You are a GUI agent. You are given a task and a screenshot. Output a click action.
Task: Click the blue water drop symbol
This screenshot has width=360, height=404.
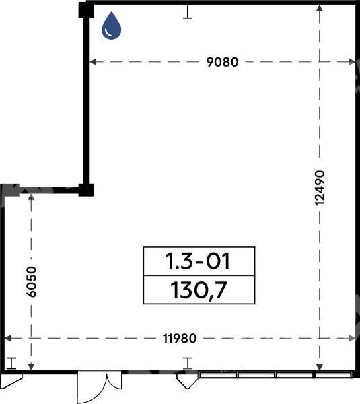point(111,26)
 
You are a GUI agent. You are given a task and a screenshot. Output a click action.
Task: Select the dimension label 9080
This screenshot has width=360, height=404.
point(222,62)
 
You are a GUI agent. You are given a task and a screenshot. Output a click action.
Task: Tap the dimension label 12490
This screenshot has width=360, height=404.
point(320,188)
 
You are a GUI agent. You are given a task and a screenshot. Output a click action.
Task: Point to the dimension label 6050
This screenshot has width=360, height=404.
point(32,281)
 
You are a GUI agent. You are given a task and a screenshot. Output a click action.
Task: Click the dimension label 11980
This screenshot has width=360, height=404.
point(180,338)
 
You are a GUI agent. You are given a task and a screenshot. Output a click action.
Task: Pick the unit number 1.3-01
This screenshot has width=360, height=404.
point(198,261)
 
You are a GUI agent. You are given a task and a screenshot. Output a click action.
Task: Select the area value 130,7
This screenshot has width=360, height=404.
point(199,290)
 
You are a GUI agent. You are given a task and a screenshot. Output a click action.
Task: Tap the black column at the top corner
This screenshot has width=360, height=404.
point(86,10)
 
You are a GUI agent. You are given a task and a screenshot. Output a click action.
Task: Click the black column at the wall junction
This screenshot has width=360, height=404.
point(86,190)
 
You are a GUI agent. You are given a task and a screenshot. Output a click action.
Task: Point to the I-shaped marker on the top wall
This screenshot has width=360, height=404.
point(188,11)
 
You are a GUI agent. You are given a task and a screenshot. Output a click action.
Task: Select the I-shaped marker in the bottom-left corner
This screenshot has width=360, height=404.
point(11,363)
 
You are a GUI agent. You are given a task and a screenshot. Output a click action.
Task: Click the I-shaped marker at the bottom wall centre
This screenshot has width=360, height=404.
point(188,363)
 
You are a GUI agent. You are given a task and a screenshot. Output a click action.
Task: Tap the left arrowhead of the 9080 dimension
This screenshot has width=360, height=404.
point(93,62)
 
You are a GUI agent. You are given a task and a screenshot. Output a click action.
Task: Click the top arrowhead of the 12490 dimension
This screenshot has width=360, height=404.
point(320,8)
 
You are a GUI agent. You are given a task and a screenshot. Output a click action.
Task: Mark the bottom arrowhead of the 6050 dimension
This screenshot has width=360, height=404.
point(31,367)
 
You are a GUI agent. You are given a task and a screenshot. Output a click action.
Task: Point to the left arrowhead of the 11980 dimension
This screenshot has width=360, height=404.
point(8,338)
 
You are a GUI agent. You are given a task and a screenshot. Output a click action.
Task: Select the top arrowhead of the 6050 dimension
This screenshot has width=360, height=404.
point(31,197)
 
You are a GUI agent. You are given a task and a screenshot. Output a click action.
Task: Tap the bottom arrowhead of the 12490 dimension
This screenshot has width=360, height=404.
point(320,367)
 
